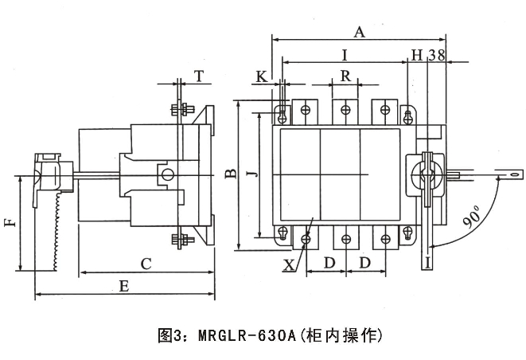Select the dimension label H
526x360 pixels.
pyautogui.click(x=416, y=55)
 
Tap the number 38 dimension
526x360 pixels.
pyautogui.click(x=435, y=55)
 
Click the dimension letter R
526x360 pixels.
pyautogui.click(x=345, y=77)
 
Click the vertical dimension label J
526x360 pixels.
pyautogui.click(x=251, y=174)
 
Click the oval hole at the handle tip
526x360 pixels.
pyautogui.click(x=514, y=173)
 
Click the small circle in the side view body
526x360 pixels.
pyautogui.click(x=166, y=175)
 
